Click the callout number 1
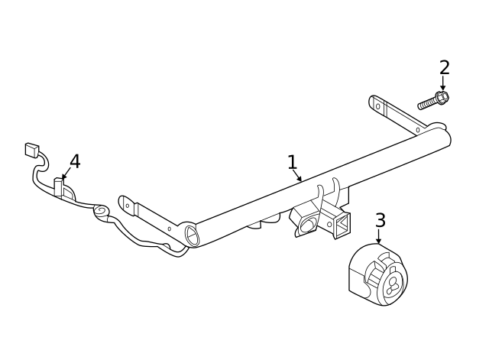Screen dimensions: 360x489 tap(292, 162)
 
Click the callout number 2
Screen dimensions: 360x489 tap(444, 67)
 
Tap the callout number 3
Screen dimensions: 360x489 tap(380, 221)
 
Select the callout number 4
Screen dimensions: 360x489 tap(75, 161)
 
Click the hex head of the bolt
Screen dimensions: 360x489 tap(441, 98)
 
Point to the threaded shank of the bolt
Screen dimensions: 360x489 tap(426, 103)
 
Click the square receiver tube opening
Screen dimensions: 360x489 tap(342, 224)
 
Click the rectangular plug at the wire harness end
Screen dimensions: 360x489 tap(31, 150)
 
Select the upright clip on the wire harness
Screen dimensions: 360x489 tap(58, 187)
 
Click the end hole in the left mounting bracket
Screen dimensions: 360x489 tap(127, 205)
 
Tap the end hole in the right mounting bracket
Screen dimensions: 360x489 tap(377, 105)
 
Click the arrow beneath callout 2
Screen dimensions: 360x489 tap(443, 83)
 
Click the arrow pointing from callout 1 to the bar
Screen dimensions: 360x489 tap(297, 177)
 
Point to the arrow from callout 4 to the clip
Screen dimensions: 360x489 tap(66, 174)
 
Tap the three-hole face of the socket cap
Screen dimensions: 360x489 tap(393, 284)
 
